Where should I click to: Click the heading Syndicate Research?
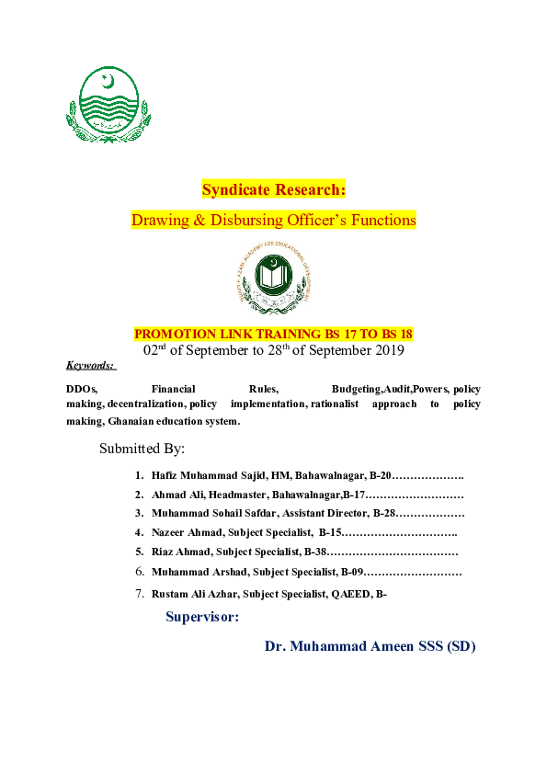[x=273, y=190]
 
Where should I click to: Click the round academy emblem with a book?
[x=274, y=278]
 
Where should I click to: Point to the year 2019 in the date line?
[x=386, y=350]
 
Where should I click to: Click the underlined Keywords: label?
[x=90, y=366]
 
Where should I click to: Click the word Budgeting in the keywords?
[x=356, y=389]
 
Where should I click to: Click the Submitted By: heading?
[x=142, y=450]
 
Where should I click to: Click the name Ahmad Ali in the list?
[x=172, y=495]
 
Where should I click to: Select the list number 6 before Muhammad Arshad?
[x=139, y=572]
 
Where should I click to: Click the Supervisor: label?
[x=202, y=617]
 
